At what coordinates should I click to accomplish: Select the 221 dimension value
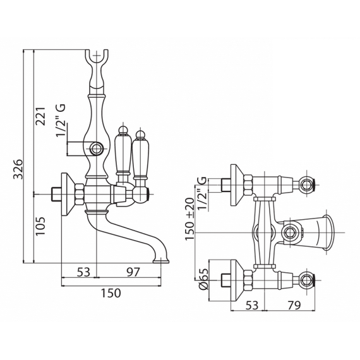click(x=41, y=116)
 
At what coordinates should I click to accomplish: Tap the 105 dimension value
click(x=40, y=226)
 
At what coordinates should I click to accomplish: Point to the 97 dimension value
click(x=133, y=272)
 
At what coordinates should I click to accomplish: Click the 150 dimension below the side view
click(x=111, y=293)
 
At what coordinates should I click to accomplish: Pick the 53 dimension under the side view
click(x=83, y=272)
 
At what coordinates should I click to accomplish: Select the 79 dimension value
click(x=294, y=305)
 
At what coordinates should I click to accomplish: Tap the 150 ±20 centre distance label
click(x=190, y=219)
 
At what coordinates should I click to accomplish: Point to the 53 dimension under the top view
click(x=252, y=305)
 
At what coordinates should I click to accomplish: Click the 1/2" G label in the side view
click(x=61, y=120)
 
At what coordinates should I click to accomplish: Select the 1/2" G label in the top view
click(x=202, y=194)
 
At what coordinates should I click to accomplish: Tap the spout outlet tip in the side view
click(x=161, y=261)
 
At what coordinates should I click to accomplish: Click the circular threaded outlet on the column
click(x=97, y=148)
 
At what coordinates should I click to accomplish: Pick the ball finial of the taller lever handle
click(x=124, y=131)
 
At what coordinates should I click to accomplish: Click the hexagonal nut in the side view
click(x=80, y=194)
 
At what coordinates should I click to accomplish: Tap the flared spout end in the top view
click(x=328, y=232)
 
